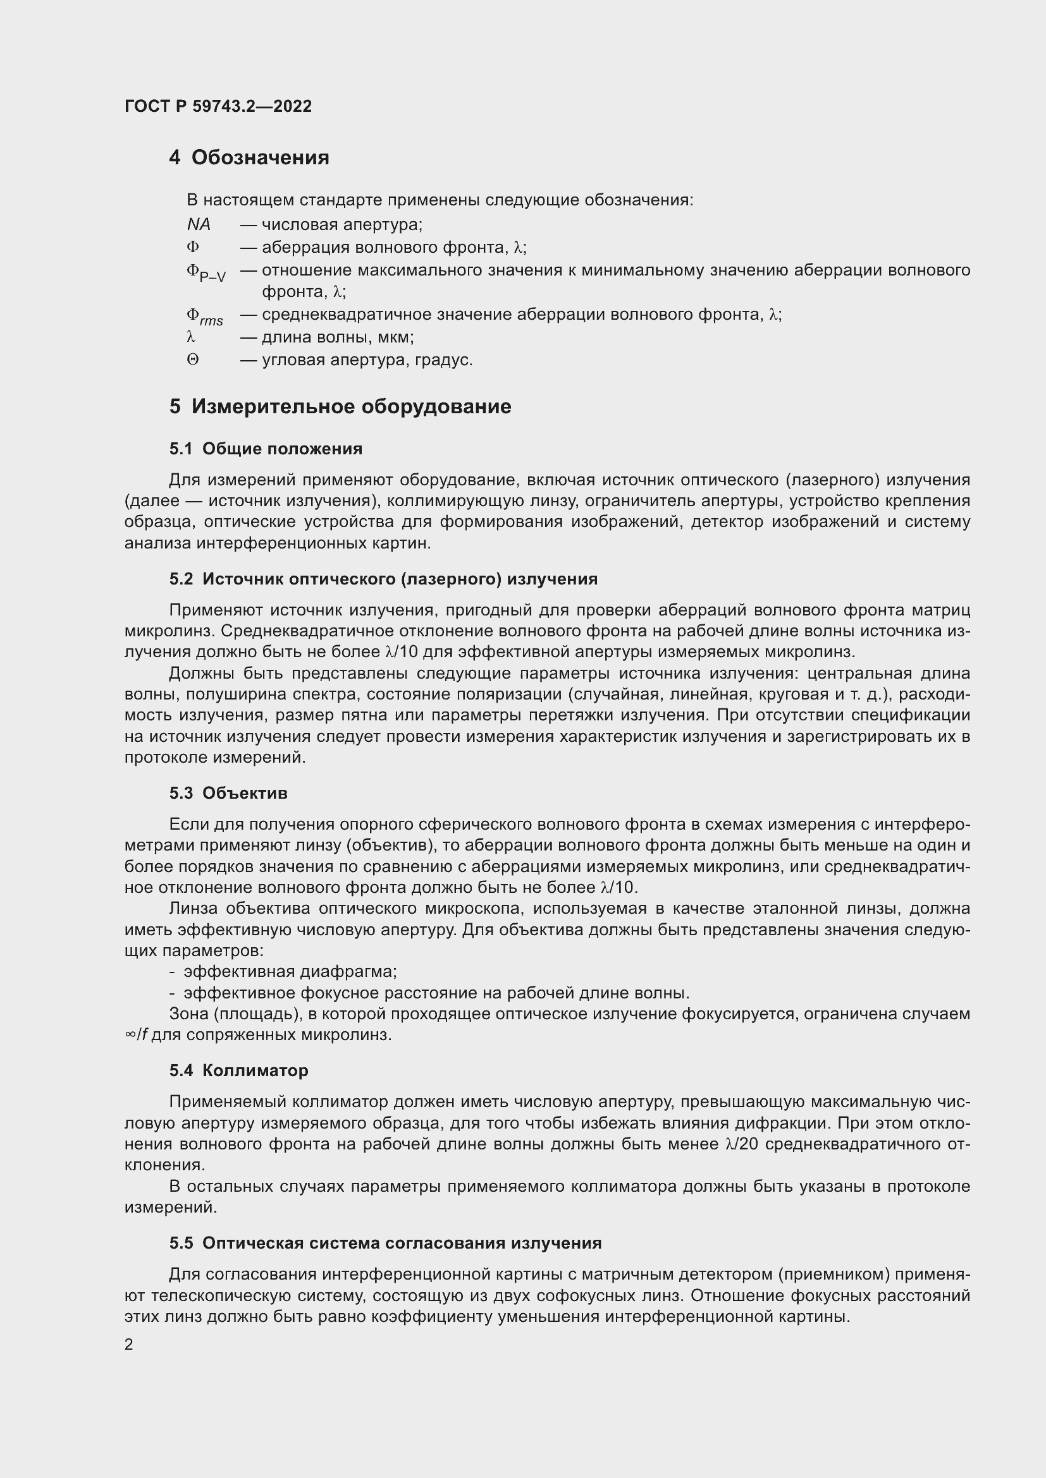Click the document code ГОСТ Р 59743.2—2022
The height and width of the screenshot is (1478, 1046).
coord(218,106)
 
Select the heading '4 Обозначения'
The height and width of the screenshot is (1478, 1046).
coord(249,158)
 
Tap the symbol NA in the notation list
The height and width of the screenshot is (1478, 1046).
coord(199,225)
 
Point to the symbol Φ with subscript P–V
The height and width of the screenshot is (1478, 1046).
coord(206,273)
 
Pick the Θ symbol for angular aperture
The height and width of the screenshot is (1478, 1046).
coord(193,360)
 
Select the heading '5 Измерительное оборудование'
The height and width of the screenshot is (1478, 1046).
coord(340,407)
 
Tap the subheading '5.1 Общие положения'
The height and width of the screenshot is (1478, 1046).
coord(266,449)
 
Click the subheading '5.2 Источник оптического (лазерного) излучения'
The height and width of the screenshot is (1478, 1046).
coord(383,579)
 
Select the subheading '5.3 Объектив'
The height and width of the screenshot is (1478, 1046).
coord(228,793)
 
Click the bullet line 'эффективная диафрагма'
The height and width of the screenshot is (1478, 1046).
coord(290,971)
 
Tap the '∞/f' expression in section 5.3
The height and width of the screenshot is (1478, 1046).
coord(137,1035)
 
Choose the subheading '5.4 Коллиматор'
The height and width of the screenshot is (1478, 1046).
coord(238,1070)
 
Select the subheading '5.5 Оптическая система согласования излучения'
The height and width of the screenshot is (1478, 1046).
coord(385,1243)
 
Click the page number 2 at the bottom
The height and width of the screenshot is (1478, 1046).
coord(129,1345)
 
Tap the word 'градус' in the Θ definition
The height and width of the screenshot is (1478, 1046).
coord(443,360)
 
